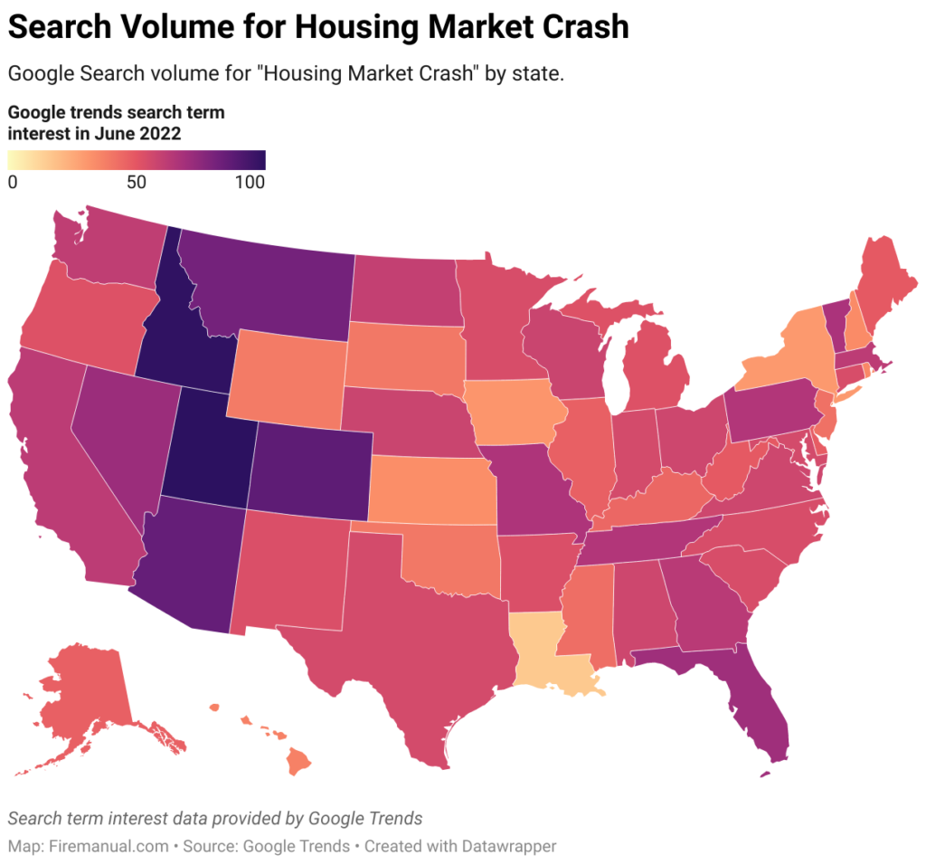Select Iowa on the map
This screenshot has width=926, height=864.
point(513,412)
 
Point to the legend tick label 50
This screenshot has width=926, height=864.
point(137,182)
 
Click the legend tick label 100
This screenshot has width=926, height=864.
point(250,182)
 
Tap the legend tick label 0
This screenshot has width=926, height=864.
point(13,182)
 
